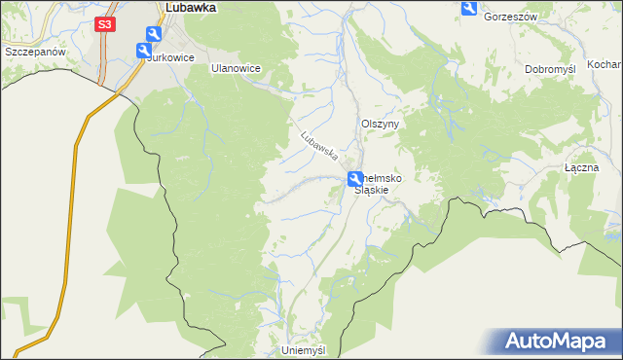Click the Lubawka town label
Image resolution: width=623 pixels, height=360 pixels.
(191, 7)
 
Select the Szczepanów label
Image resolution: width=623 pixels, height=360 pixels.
(34, 51)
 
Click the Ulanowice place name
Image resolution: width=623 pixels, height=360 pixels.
(237, 70)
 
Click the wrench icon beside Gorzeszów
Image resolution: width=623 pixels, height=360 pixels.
(469, 9)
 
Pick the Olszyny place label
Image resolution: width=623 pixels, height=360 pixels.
(382, 125)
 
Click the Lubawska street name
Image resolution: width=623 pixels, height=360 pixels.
(318, 145)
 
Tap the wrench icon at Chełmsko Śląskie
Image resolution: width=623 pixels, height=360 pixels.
(356, 178)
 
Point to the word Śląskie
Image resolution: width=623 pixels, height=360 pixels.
(371, 190)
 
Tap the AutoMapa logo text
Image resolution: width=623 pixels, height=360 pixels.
(564, 342)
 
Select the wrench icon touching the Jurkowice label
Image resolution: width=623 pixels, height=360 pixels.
(143, 50)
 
